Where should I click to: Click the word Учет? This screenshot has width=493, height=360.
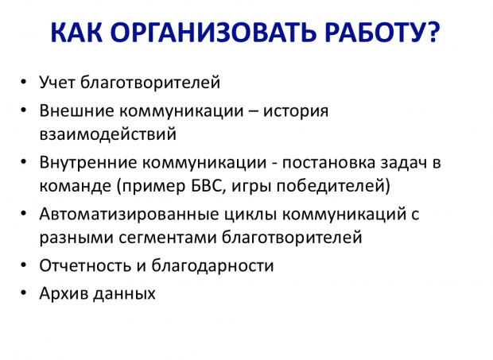point(56,82)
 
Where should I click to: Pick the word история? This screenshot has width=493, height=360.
point(301,110)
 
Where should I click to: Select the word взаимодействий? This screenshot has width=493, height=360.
point(107,134)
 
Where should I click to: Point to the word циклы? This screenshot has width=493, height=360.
point(242,215)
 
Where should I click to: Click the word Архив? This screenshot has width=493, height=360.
point(62,293)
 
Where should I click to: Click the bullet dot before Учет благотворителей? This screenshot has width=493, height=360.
point(24,82)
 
